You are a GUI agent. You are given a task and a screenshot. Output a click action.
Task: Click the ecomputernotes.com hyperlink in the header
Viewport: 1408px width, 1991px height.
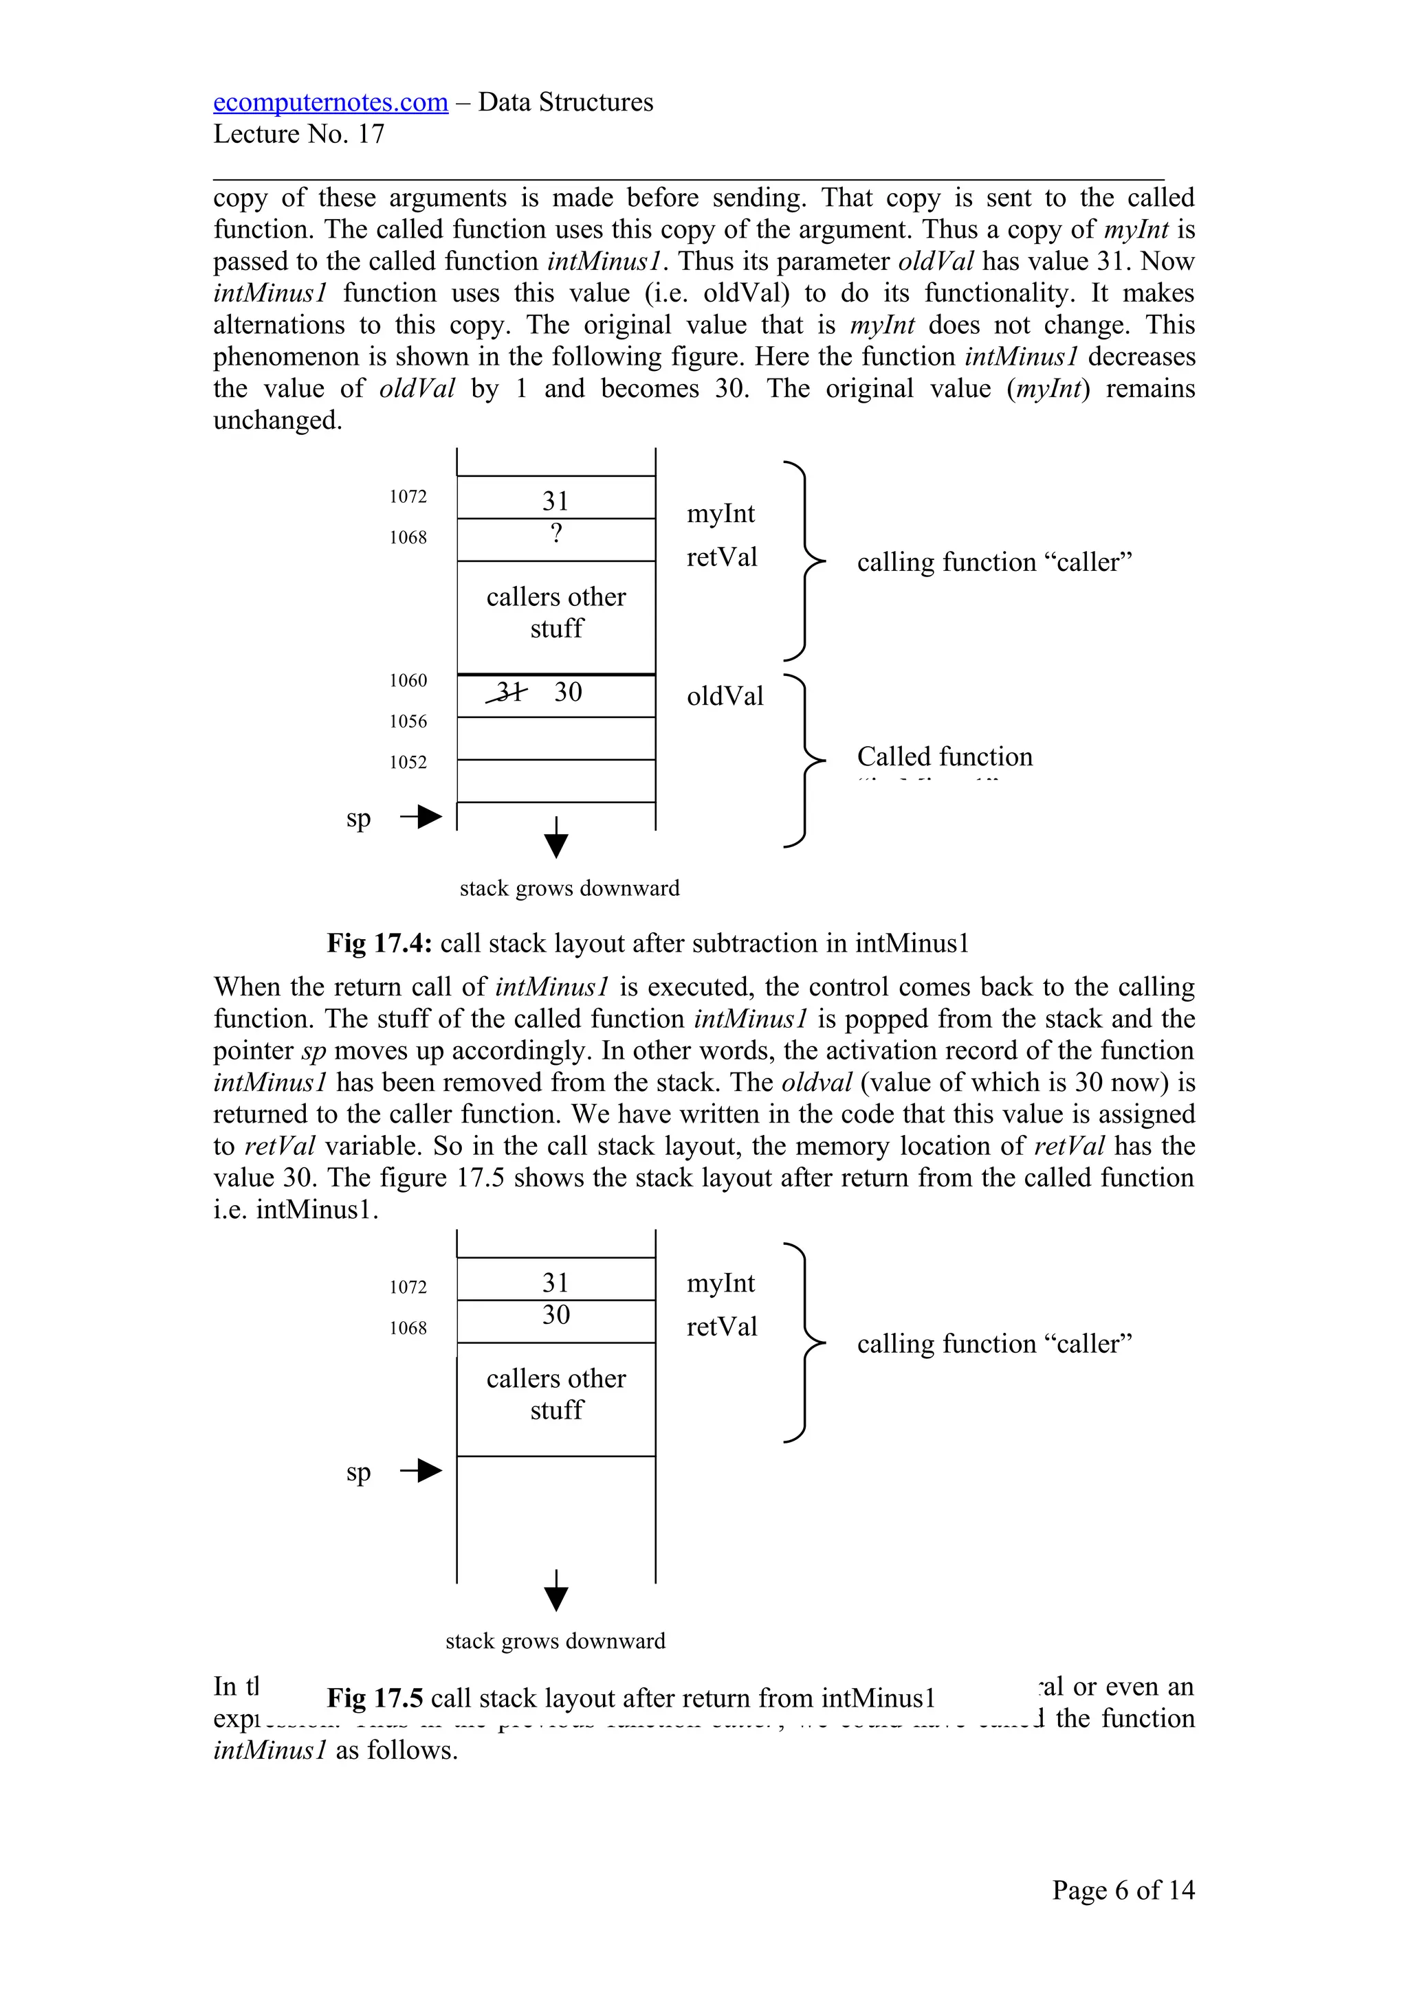click(x=331, y=102)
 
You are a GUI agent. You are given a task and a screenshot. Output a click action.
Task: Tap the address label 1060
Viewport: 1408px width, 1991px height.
click(x=408, y=681)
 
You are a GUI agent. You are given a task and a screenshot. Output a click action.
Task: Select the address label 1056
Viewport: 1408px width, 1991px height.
click(x=408, y=721)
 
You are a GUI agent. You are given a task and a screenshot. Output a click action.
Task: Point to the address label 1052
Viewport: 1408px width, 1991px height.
click(x=408, y=762)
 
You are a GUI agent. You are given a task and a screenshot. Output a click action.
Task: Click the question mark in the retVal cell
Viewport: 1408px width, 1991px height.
click(x=556, y=532)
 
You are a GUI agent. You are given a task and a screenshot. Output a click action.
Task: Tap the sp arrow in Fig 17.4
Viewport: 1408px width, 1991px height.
click(x=421, y=817)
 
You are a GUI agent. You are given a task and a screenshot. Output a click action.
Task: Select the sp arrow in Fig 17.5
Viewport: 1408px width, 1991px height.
click(x=421, y=1471)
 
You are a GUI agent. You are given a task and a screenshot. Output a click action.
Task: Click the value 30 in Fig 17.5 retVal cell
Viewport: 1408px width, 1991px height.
click(x=556, y=1314)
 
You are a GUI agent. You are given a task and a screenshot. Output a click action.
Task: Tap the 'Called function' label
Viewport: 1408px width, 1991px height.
click(x=945, y=757)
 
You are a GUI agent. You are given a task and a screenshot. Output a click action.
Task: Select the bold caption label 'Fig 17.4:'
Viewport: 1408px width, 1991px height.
click(x=379, y=943)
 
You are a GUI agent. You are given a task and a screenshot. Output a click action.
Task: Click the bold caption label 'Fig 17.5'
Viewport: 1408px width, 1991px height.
click(x=375, y=1698)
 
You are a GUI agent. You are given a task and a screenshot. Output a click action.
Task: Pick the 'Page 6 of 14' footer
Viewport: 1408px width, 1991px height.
click(x=1123, y=1891)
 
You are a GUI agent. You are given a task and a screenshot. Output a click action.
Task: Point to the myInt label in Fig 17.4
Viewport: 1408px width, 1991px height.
click(x=720, y=514)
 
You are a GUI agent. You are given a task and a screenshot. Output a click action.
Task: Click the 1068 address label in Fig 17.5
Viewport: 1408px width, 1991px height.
click(x=408, y=1327)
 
